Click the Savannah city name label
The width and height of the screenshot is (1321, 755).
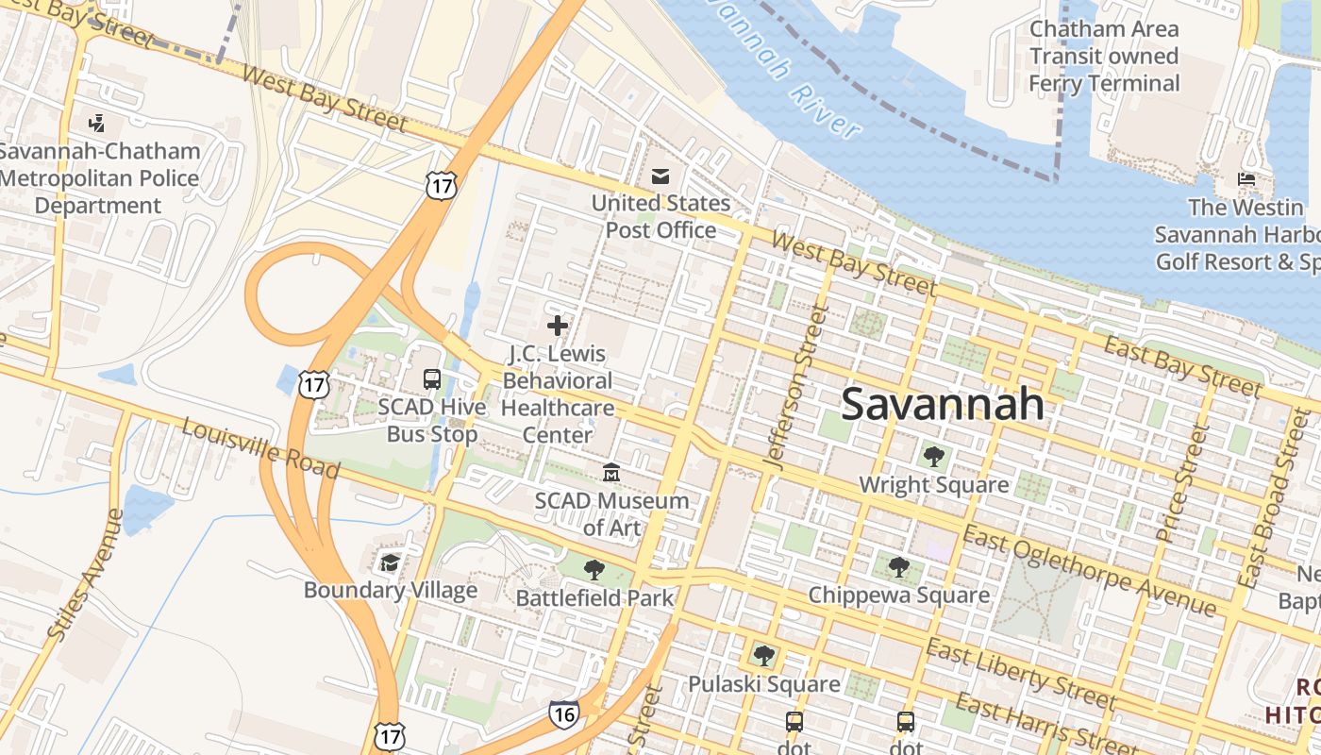point(942,404)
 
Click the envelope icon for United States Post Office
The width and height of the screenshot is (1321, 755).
point(660,176)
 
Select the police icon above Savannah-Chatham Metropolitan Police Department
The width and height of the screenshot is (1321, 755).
point(96,123)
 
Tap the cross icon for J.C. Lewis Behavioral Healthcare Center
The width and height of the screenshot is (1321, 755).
point(558,326)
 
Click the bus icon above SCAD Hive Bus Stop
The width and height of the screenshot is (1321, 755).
point(432,379)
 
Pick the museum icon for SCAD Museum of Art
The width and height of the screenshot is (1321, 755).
point(611,472)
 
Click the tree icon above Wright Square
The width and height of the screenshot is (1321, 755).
point(934,457)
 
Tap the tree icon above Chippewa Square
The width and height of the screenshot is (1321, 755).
point(899,567)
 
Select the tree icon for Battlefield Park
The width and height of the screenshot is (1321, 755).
point(594,569)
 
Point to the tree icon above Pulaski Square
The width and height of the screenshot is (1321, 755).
point(763,655)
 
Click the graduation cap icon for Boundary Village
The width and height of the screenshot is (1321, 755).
point(390,563)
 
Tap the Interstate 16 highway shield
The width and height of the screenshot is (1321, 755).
point(563,714)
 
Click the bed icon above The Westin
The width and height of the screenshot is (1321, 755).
point(1246,179)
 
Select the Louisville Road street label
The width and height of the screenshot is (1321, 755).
point(260,449)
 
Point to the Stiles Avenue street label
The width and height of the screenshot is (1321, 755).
point(85,576)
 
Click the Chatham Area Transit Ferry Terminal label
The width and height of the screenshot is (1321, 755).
point(1103,57)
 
